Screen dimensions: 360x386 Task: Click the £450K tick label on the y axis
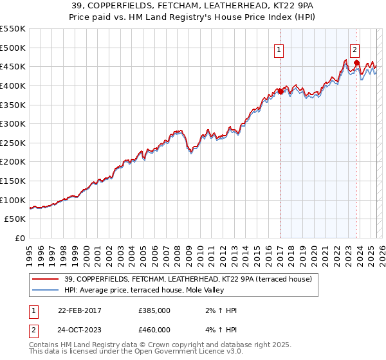(x=13, y=66)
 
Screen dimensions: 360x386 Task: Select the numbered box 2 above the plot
(x=355, y=48)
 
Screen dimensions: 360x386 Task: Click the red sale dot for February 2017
(x=280, y=91)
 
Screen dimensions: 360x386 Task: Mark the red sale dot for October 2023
(x=356, y=62)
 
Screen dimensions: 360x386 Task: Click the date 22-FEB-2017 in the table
(x=80, y=310)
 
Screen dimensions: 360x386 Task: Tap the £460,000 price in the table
(x=154, y=330)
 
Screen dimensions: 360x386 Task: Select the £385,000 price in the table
(x=154, y=310)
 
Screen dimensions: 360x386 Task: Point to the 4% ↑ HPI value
(x=221, y=330)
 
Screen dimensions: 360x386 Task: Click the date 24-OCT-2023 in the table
(x=80, y=330)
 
